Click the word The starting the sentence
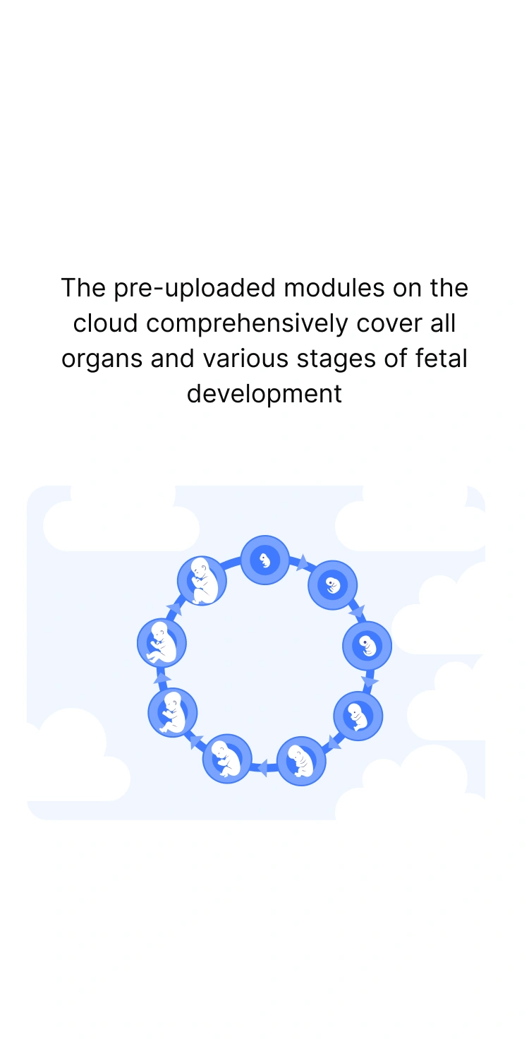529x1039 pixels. (x=83, y=288)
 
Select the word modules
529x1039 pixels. (x=334, y=288)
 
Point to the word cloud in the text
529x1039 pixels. (x=105, y=323)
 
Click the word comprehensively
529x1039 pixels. (x=247, y=324)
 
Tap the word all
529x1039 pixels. (x=443, y=323)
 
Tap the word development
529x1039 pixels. (x=264, y=395)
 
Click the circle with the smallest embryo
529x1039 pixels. (x=265, y=560)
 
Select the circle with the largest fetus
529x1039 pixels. (x=202, y=580)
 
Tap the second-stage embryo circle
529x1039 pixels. (x=333, y=585)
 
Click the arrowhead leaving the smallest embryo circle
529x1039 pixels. (x=303, y=563)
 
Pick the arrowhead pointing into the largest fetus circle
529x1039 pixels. (x=174, y=608)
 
